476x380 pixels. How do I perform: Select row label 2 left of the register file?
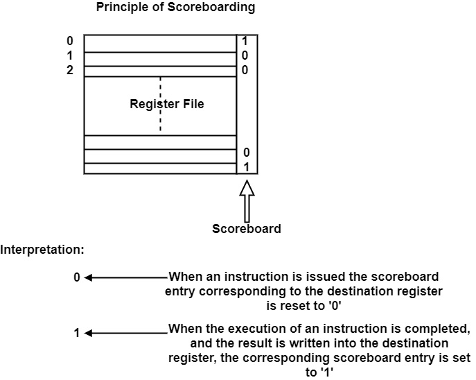click(70, 70)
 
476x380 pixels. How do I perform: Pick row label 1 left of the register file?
click(70, 56)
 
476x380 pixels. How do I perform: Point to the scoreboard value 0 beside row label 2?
click(245, 70)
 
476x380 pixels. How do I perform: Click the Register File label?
click(167, 105)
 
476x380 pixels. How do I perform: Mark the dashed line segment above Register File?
click(160, 87)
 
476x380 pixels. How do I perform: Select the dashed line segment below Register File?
click(160, 123)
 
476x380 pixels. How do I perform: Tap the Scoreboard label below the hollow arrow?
click(247, 229)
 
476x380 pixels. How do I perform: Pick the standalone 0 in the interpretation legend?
click(77, 277)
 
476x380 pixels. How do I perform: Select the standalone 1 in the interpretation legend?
click(77, 334)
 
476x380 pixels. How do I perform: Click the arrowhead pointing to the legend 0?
click(88, 277)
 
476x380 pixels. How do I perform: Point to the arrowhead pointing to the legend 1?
click(88, 334)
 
